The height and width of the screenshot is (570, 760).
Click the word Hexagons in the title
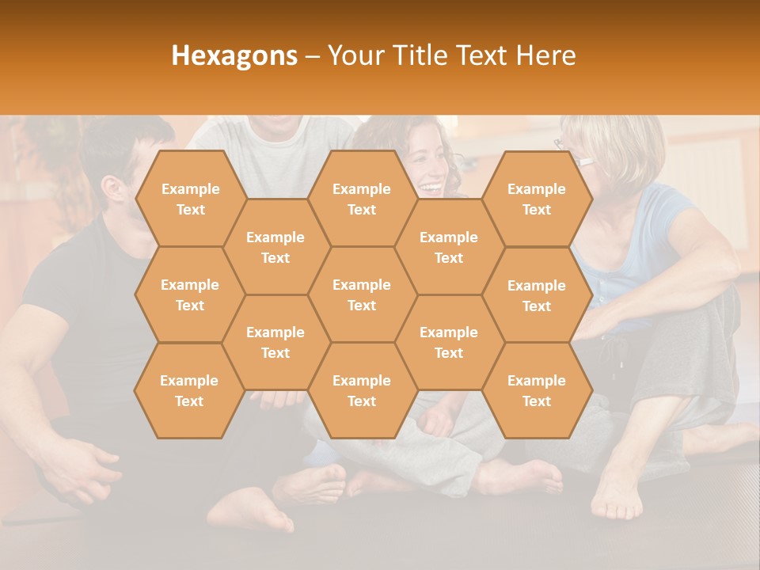coord(234,55)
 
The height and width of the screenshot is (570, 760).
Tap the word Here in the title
coord(545,55)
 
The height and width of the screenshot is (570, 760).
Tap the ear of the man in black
coord(111,191)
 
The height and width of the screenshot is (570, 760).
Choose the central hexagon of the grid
coord(362,294)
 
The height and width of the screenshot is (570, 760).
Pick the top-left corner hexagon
coord(190,199)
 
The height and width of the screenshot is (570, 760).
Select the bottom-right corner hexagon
coord(536,390)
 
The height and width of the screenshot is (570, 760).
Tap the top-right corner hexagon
coord(536,199)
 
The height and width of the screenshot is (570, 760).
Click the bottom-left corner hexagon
coord(189,390)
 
